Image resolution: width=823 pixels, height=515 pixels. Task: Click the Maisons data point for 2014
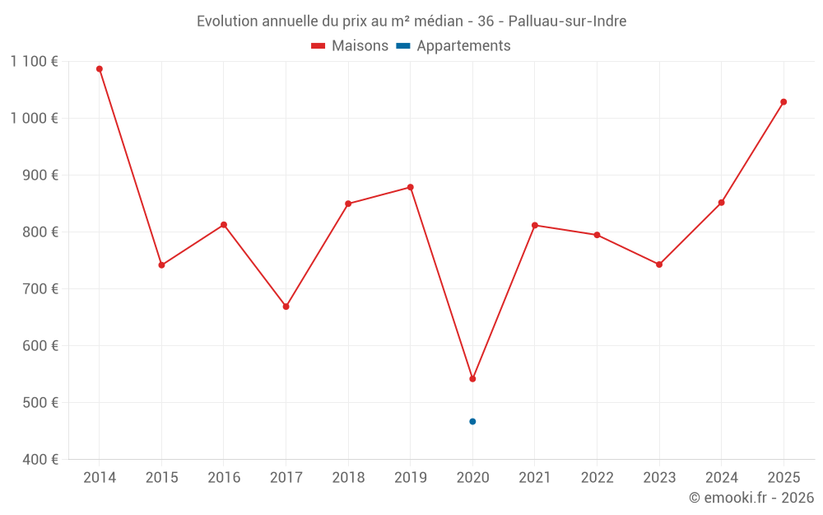pyautogui.click(x=100, y=69)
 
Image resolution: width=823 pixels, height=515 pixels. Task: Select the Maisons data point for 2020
pyautogui.click(x=472, y=379)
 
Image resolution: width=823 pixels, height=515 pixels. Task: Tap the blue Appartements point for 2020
pyautogui.click(x=472, y=422)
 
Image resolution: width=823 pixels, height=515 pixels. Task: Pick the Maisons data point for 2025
pyautogui.click(x=783, y=102)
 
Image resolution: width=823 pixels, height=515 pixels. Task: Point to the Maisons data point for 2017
pyautogui.click(x=286, y=307)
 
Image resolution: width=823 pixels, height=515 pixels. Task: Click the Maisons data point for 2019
pyautogui.click(x=411, y=187)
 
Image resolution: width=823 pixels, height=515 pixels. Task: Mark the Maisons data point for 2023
pyautogui.click(x=659, y=265)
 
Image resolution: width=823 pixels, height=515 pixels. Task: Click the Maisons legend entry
pyautogui.click(x=350, y=46)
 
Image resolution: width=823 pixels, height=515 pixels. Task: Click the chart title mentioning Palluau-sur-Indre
pyautogui.click(x=411, y=21)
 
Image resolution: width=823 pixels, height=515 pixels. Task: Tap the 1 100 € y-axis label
pyautogui.click(x=35, y=61)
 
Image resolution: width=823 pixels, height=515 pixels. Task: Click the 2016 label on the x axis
pyautogui.click(x=224, y=478)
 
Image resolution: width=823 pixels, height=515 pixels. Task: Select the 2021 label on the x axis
pyautogui.click(x=535, y=478)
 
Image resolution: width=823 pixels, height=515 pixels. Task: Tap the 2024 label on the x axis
pyautogui.click(x=721, y=478)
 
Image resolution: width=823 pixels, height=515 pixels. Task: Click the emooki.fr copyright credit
pyautogui.click(x=751, y=498)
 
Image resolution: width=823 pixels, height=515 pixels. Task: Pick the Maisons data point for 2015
pyautogui.click(x=161, y=265)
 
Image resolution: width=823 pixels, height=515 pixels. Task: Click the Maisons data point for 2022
pyautogui.click(x=597, y=235)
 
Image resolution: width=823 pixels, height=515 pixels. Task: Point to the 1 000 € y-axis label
pyautogui.click(x=35, y=118)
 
